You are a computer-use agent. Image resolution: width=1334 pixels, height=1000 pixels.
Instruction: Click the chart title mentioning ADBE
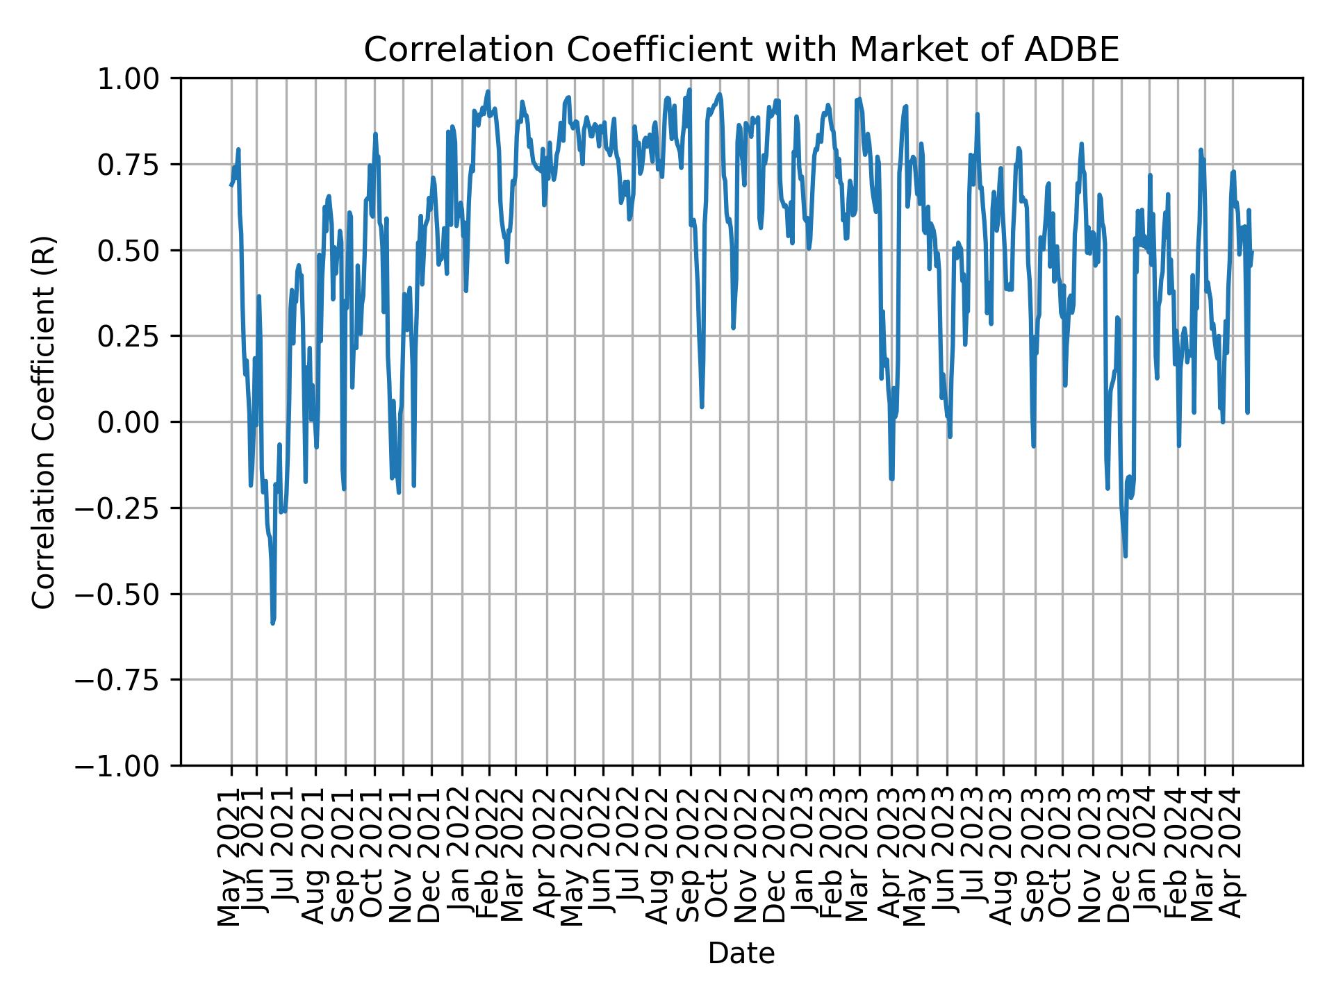pos(741,50)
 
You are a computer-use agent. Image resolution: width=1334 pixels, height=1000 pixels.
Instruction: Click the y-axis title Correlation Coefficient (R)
pos(43,422)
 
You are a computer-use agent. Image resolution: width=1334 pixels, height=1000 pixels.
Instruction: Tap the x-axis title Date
pos(741,953)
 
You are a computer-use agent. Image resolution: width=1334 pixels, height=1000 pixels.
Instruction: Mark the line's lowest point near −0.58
pos(272,623)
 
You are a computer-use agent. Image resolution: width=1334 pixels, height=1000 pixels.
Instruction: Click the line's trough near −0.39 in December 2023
pos(1125,556)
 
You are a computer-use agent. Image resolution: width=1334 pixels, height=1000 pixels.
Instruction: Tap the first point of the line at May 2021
pos(231,185)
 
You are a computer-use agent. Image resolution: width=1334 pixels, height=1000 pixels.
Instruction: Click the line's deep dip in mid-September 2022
pos(702,406)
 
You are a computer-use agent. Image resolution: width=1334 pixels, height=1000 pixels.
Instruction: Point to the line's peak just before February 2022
pos(488,91)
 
